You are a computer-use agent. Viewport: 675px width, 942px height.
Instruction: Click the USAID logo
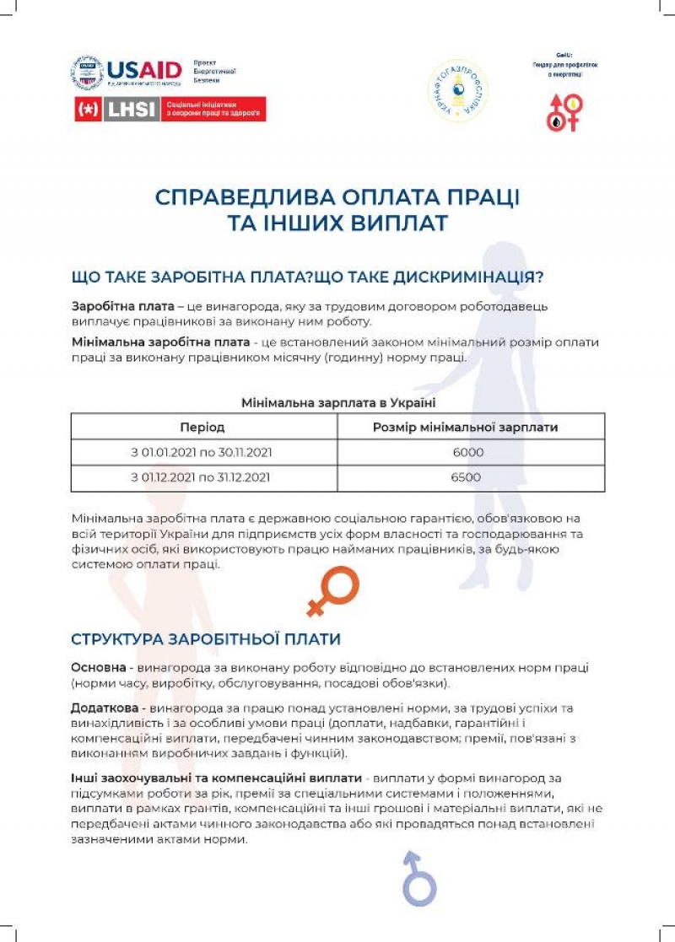143,72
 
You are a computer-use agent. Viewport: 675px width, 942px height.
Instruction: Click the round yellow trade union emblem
458,90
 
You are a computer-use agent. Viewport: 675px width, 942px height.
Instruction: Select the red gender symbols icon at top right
564,112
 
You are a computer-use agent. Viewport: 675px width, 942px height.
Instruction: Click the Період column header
203,428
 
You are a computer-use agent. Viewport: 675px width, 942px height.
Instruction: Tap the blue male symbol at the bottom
418,878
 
